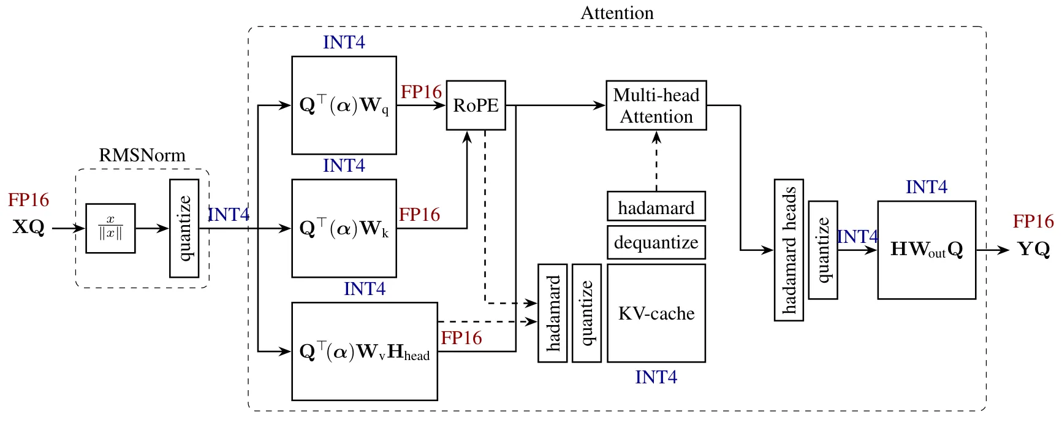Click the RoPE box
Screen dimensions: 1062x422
[x=476, y=105]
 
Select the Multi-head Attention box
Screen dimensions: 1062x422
[x=656, y=105]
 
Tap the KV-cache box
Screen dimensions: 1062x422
[x=656, y=313]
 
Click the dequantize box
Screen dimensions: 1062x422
[x=656, y=242]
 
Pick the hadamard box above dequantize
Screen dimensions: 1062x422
[x=656, y=207]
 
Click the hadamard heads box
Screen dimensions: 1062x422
[x=789, y=250]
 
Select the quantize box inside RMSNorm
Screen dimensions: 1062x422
[x=184, y=228]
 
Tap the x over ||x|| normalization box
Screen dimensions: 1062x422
[x=110, y=228]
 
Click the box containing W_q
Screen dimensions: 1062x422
[x=344, y=105]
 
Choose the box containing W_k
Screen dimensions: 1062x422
[x=344, y=228]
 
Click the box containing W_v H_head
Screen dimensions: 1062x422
[x=365, y=351]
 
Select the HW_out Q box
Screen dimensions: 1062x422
[x=927, y=250]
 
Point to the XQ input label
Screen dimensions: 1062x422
[x=29, y=228]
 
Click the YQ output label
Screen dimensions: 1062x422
[x=1034, y=250]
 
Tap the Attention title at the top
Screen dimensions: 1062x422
[x=617, y=13]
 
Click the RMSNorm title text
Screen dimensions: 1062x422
[x=142, y=155]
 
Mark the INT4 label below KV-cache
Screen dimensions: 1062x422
[x=656, y=377]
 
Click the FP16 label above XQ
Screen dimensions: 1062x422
[x=29, y=200]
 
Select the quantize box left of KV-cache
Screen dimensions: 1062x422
[x=586, y=313]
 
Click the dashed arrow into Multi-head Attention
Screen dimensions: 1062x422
[x=656, y=161]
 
